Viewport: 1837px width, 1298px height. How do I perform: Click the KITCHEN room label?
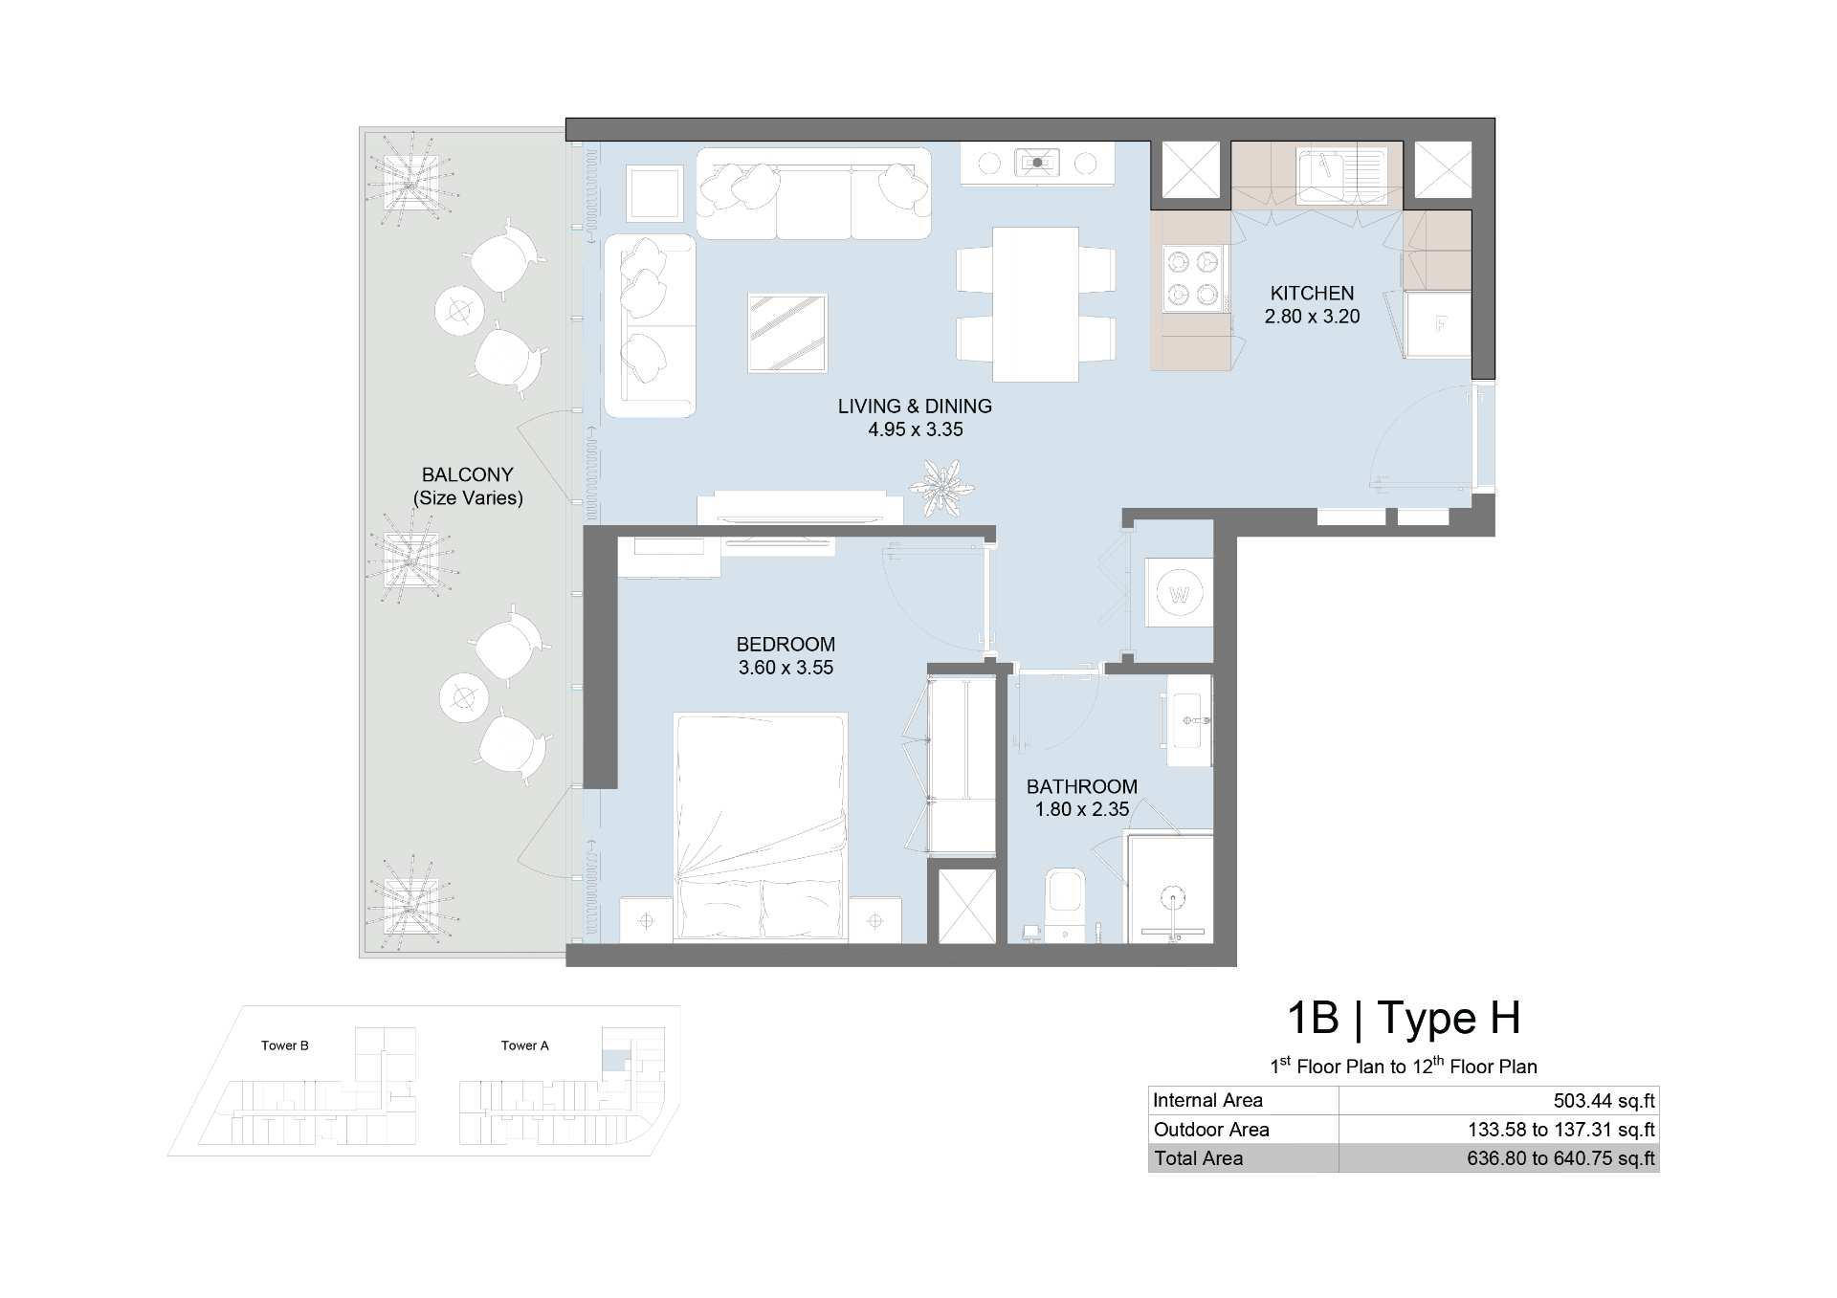(x=1312, y=293)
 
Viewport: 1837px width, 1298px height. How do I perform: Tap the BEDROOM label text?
(x=786, y=645)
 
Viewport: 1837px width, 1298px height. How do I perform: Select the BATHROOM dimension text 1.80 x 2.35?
(x=1082, y=809)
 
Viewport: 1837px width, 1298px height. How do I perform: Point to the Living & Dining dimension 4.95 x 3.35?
(x=916, y=429)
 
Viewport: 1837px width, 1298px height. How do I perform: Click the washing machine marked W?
(x=1179, y=594)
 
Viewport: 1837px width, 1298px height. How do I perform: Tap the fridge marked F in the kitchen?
(x=1438, y=324)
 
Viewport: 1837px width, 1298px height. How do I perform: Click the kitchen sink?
(x=1340, y=175)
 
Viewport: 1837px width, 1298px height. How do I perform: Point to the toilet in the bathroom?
(x=1065, y=904)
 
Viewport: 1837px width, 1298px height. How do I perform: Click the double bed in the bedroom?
(x=761, y=826)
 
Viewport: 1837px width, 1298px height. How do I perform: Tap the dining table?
(x=1035, y=304)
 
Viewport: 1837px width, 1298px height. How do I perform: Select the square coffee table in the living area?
(x=786, y=333)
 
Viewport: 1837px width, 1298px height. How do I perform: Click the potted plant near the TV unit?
(x=941, y=488)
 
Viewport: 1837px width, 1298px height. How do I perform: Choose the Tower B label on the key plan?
(x=285, y=1045)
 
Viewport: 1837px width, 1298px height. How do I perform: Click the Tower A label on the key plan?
(x=525, y=1045)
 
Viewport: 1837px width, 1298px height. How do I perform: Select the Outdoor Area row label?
(x=1211, y=1130)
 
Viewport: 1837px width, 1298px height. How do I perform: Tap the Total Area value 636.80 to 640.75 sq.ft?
(x=1561, y=1158)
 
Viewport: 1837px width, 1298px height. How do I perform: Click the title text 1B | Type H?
(x=1404, y=1018)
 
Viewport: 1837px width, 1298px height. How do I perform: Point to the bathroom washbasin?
(x=1190, y=719)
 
